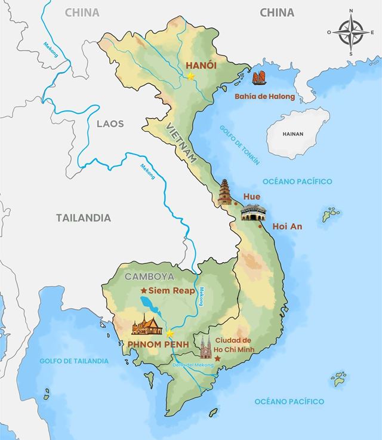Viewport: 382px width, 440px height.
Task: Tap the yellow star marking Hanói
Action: pyautogui.click(x=190, y=76)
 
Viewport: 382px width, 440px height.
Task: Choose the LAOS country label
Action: pyautogui.click(x=110, y=124)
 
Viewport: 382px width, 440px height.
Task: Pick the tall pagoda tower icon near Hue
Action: pyautogui.click(x=226, y=193)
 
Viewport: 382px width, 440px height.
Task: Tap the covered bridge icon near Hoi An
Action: pyautogui.click(x=251, y=212)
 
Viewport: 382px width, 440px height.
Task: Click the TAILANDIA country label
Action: pyautogui.click(x=84, y=218)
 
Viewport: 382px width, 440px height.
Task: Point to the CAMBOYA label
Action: pyautogui.click(x=149, y=276)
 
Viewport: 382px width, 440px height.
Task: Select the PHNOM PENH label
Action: pyautogui.click(x=158, y=344)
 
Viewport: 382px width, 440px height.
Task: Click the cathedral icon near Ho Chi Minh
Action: pyautogui.click(x=206, y=346)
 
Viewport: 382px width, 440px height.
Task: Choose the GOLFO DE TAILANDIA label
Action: pyautogui.click(x=74, y=361)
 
